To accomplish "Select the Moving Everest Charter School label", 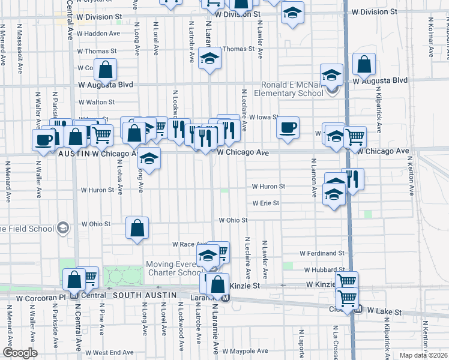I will pyautogui.click(x=171, y=268).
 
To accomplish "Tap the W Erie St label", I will pyautogui.click(x=265, y=203).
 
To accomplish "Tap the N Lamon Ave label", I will pyautogui.click(x=313, y=178).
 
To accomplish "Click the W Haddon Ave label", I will pyautogui.click(x=98, y=34).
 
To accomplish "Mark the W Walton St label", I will pyautogui.click(x=95, y=103).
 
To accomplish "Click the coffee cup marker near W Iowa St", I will pyautogui.click(x=288, y=128).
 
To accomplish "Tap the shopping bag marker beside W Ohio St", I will pyautogui.click(x=137, y=228).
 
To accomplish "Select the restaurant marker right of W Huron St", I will pyautogui.click(x=353, y=179).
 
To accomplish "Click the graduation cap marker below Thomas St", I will pyautogui.click(x=209, y=59).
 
